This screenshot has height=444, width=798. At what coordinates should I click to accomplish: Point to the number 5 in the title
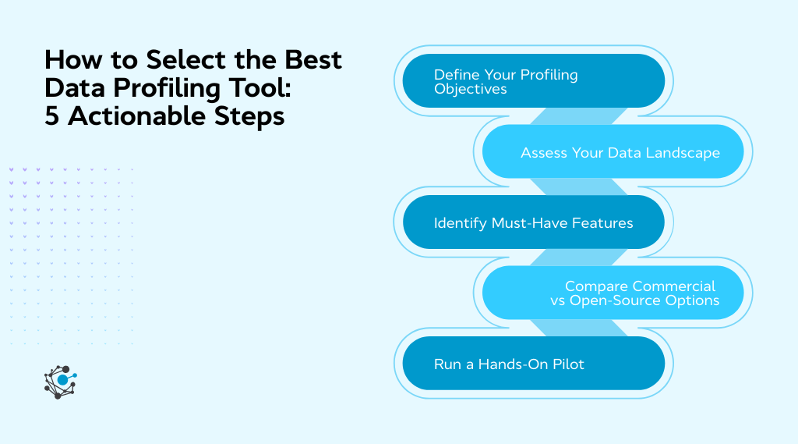point(53,116)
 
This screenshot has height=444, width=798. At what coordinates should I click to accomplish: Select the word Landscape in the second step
point(680,152)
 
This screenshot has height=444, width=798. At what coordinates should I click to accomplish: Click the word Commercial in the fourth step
point(674,286)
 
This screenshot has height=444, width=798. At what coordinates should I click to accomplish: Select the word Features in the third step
point(602,223)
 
